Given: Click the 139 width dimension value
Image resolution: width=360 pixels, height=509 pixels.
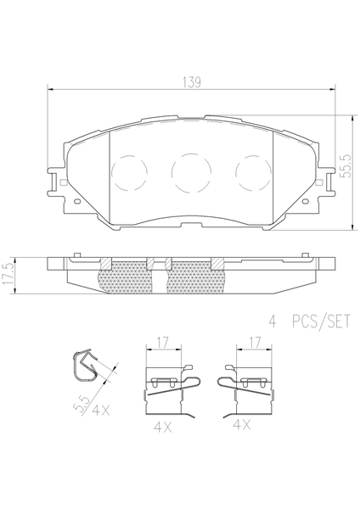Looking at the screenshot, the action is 192,82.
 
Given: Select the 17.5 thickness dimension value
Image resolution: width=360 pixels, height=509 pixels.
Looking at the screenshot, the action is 8,274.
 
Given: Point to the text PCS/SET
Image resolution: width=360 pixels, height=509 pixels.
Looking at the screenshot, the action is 321,322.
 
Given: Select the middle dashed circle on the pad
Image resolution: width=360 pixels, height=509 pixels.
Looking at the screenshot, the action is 191,171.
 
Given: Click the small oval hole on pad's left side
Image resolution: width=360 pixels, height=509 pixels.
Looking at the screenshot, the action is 77,201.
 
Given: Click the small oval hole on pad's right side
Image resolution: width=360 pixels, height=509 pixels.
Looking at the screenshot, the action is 305,201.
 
